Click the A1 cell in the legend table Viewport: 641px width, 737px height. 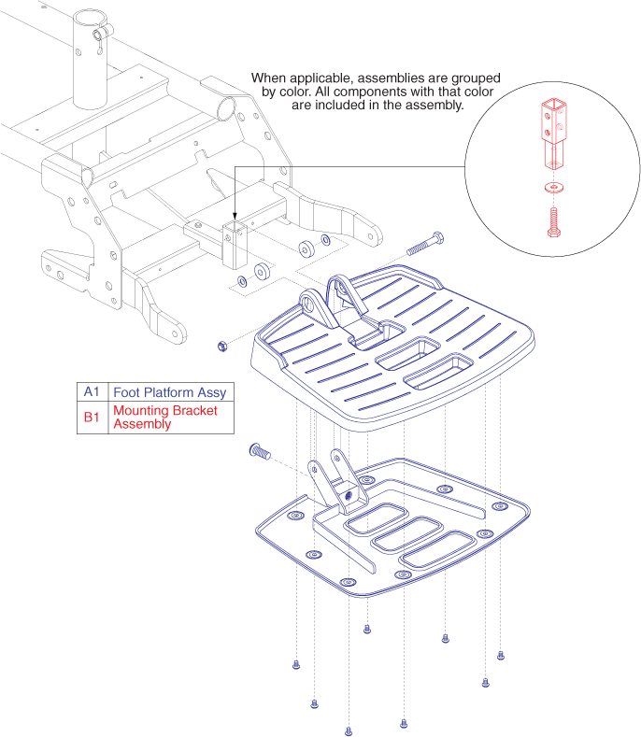[91, 391]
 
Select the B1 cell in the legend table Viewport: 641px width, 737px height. [91, 418]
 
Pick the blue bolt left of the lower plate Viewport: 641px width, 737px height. [261, 452]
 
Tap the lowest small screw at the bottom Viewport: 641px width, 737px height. [349, 730]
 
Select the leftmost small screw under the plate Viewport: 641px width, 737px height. [296, 665]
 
